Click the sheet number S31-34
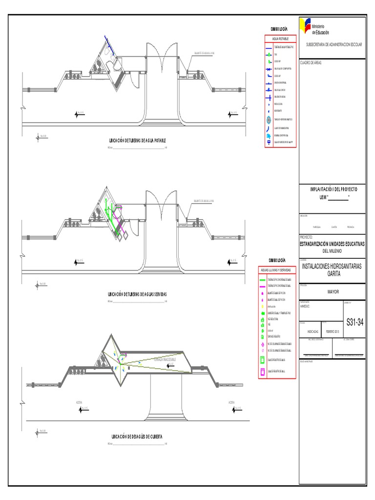point(354,323)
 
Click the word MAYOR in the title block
point(332,292)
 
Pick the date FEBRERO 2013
point(332,331)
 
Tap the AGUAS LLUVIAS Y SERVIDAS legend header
point(276,270)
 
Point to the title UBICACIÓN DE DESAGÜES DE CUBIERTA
point(137,436)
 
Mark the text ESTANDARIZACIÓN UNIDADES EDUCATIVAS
point(332,244)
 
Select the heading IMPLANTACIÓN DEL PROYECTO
point(334,189)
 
